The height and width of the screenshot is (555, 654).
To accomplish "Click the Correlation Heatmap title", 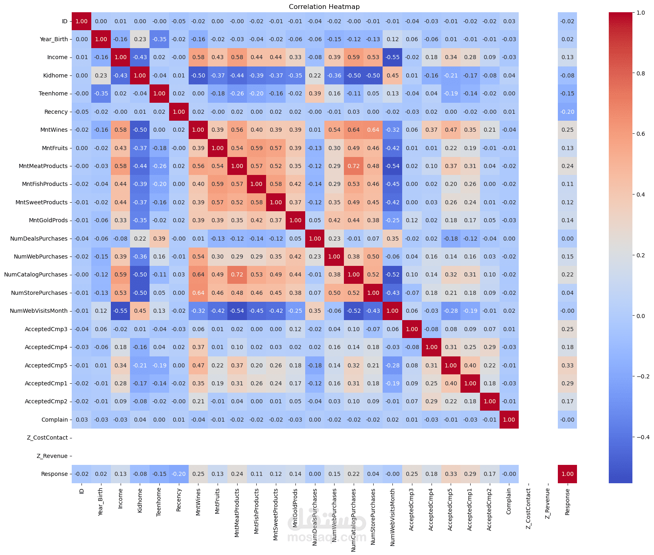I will [324, 7].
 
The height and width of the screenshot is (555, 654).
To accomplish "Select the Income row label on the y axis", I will [57, 57].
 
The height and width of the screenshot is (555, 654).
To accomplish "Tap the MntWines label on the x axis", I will [198, 502].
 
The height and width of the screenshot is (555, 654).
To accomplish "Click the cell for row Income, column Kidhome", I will [140, 57].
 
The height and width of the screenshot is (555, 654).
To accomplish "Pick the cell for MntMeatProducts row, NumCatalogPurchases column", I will [354, 166].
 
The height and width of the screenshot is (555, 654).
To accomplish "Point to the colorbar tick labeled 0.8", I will [641, 73].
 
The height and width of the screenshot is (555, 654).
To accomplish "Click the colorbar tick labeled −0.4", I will [643, 437].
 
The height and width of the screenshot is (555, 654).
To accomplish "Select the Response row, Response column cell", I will [567, 474].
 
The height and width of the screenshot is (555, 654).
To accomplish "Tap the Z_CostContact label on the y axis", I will [47, 438].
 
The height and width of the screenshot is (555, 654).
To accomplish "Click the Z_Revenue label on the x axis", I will [548, 503].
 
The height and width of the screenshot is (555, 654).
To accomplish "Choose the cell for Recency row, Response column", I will [567, 112].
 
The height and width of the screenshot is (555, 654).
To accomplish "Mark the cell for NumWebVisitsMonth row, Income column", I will [121, 311].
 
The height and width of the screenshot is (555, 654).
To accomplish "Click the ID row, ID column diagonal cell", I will [81, 21].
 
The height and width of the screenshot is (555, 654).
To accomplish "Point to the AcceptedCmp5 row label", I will [46, 365].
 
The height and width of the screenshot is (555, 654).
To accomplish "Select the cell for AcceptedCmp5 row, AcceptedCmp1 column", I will [470, 365].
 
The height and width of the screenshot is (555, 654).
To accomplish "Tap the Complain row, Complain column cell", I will [509, 420].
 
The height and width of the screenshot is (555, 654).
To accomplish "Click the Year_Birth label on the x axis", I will [101, 502].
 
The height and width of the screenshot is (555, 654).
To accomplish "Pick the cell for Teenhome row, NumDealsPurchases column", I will [315, 93].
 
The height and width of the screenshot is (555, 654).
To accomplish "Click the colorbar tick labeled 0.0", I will [641, 316].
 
